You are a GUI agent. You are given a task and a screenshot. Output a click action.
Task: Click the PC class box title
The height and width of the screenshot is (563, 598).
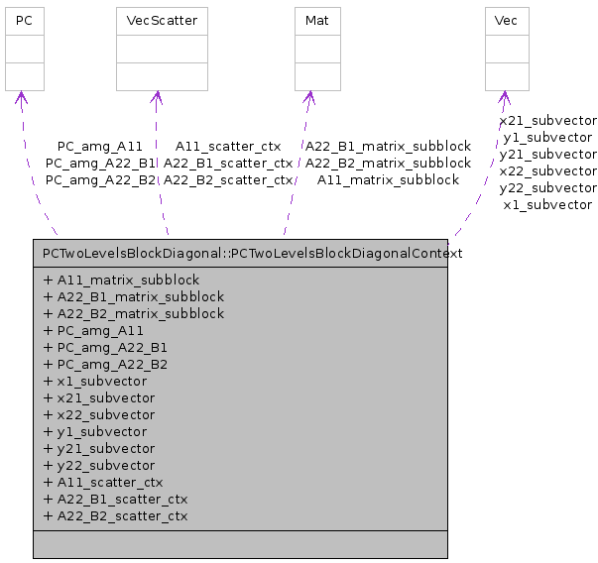25,20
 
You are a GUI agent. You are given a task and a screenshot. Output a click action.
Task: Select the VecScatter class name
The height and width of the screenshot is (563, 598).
156,20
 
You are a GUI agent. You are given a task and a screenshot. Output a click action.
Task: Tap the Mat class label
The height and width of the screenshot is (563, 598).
317,20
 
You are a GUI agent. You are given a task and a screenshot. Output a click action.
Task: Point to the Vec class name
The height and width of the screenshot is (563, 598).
505,20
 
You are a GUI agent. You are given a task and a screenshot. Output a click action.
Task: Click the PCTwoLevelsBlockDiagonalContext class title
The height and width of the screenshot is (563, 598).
253,253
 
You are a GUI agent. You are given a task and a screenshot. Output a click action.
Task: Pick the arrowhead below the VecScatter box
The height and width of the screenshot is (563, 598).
156,97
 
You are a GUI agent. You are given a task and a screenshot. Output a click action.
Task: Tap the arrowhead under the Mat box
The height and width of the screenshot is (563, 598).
309,97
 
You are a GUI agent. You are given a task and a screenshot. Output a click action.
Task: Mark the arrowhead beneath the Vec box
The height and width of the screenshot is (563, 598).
505,97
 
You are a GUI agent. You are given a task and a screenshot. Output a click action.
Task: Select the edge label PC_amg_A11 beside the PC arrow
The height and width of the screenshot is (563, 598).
100,146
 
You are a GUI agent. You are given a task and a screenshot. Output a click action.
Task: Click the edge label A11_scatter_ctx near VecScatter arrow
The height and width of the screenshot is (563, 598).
227,146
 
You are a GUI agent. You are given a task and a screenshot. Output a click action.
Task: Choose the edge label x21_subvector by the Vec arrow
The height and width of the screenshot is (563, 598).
547,120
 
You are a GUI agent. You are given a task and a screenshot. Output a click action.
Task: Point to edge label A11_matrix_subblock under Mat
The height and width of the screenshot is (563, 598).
388,179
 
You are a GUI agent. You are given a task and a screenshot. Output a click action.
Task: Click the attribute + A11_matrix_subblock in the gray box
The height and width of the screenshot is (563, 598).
121,280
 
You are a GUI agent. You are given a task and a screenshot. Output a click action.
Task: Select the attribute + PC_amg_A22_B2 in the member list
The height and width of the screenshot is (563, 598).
105,364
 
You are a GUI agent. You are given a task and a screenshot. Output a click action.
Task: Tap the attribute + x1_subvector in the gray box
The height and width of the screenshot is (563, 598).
95,381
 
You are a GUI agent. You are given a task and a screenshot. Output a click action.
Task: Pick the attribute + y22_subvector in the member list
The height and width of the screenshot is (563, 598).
99,465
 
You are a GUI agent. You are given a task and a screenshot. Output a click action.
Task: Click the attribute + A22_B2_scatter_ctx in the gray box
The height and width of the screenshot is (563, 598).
115,515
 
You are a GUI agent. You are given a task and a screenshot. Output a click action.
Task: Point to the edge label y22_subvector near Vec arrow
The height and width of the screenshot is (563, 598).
547,187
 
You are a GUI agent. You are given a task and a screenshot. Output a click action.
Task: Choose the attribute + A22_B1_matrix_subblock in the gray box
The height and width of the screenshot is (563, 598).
134,296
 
